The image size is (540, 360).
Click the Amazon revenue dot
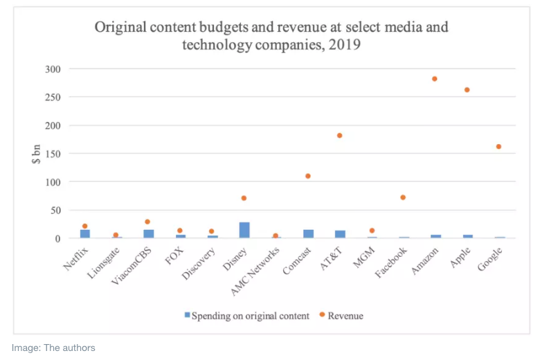click(x=435, y=79)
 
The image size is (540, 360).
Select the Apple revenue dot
click(x=467, y=90)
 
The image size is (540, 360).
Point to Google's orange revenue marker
click(x=498, y=147)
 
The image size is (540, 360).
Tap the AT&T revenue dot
click(x=340, y=136)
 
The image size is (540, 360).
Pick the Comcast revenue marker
click(x=308, y=176)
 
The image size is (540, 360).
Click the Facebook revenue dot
click(x=403, y=197)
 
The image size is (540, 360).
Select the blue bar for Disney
click(x=244, y=231)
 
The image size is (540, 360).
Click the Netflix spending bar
click(x=85, y=234)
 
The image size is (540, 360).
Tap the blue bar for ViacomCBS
click(x=149, y=234)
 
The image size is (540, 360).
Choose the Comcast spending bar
click(x=308, y=234)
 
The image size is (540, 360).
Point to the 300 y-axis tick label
click(x=54, y=69)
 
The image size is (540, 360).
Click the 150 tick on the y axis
click(x=54, y=154)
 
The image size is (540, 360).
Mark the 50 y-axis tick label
click(x=57, y=210)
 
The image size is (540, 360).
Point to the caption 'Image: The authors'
click(x=53, y=348)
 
